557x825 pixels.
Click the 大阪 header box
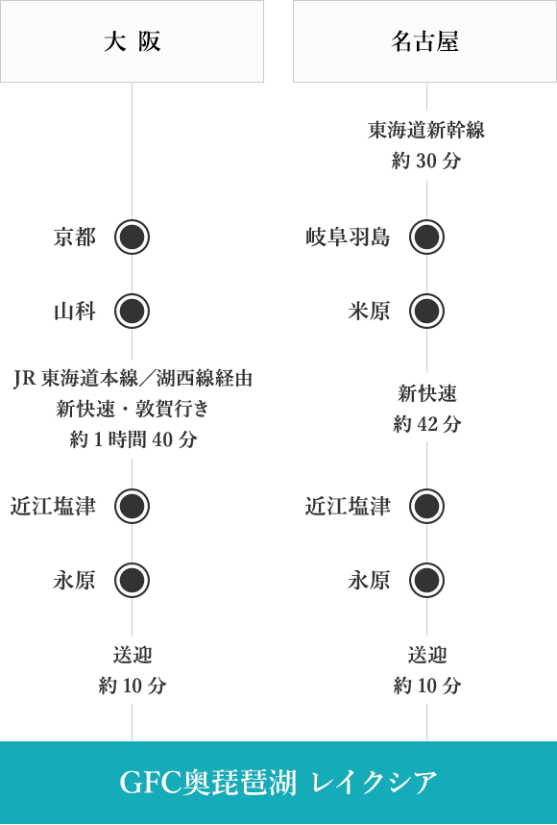click(x=132, y=41)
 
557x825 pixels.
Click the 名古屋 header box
click(x=424, y=41)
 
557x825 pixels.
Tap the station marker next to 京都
click(x=132, y=237)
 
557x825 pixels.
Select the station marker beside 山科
click(x=132, y=311)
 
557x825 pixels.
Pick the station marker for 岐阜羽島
click(x=426, y=237)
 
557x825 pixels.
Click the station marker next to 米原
click(x=426, y=311)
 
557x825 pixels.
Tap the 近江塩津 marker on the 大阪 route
click(x=132, y=506)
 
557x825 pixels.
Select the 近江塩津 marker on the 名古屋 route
click(x=426, y=506)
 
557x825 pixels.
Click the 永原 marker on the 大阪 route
click(x=132, y=581)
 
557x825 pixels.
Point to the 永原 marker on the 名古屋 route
click(x=426, y=581)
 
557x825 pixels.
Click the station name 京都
click(x=75, y=237)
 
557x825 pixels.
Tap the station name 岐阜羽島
click(x=348, y=237)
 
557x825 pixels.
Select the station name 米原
click(x=369, y=311)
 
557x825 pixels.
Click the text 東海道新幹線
click(x=426, y=130)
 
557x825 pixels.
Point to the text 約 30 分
click(x=426, y=161)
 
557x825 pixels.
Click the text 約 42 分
click(x=426, y=423)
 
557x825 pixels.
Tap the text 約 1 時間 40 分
click(x=133, y=438)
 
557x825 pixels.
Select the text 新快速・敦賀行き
click(x=133, y=409)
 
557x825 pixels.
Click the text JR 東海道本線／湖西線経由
click(x=133, y=378)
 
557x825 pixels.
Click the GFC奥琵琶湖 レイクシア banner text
click(x=278, y=783)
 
